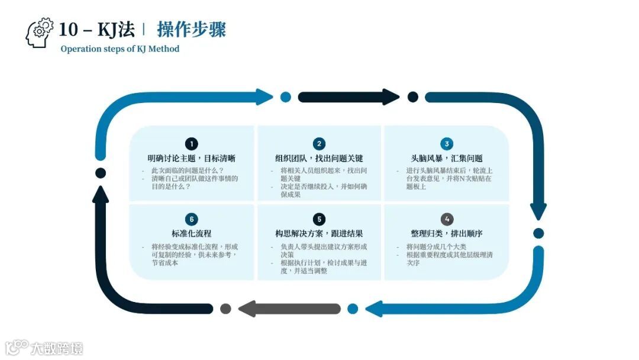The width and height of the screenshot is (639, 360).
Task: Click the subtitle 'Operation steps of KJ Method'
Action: pyautogui.click(x=120, y=49)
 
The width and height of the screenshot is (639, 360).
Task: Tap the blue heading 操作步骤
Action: pyautogui.click(x=191, y=29)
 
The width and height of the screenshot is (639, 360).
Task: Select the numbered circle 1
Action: pyautogui.click(x=191, y=144)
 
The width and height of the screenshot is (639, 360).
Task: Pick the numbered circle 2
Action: pyautogui.click(x=319, y=144)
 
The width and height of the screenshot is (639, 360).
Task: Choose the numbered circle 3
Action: pyautogui.click(x=447, y=144)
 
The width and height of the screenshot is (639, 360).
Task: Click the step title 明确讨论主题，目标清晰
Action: pyautogui.click(x=191, y=159)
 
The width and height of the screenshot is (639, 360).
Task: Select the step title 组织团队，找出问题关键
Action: pyautogui.click(x=319, y=159)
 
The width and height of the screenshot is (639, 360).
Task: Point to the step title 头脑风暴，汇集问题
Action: pyautogui.click(x=447, y=159)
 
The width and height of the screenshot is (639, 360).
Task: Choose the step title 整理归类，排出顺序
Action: pyautogui.click(x=447, y=234)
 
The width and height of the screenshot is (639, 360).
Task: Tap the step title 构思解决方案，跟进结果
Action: pyautogui.click(x=319, y=234)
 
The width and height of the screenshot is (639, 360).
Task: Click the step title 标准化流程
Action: pyautogui.click(x=191, y=234)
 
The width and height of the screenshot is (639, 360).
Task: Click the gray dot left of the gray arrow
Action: pyautogui.click(x=225, y=308)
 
